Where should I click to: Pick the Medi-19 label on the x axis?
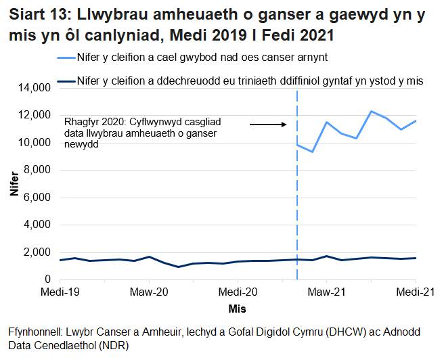(60, 292)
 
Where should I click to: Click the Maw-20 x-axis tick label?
(148, 292)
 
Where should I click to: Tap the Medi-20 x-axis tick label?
(238, 292)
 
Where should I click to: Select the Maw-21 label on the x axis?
(326, 292)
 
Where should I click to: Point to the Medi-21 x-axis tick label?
(415, 292)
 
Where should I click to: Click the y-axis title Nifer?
(14, 183)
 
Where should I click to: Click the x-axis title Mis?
(237, 309)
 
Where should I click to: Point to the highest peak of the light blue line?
(371, 111)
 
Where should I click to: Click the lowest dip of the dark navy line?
(178, 267)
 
